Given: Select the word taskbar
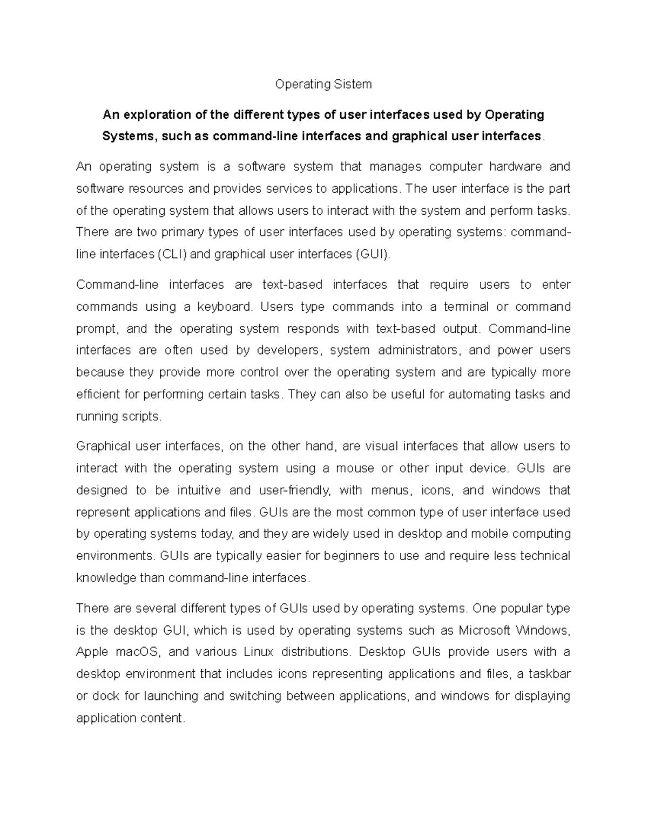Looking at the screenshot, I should pyautogui.click(x=549, y=674).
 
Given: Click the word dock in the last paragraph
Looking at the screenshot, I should pyautogui.click(x=105, y=696).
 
